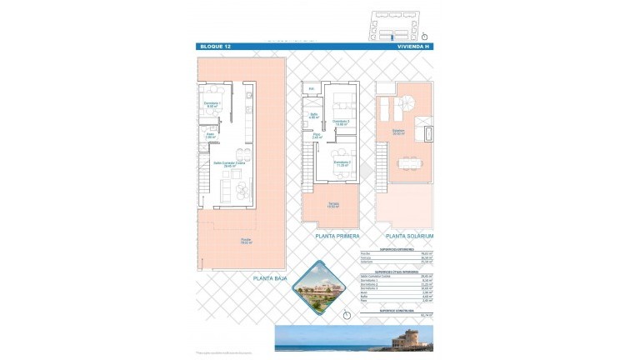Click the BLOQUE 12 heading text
coord(214,46)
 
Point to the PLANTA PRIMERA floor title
coord(337,237)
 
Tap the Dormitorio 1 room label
coord(212,104)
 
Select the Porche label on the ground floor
coord(247,242)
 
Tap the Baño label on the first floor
coord(314,116)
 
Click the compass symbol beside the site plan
coord(424,36)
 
